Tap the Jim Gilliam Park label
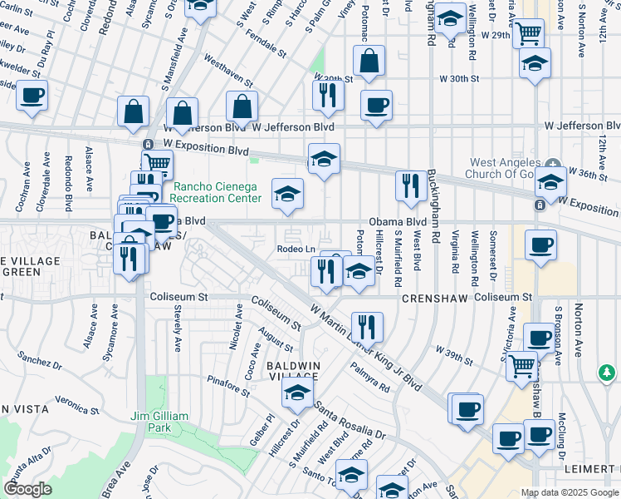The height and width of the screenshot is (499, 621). click(x=159, y=422)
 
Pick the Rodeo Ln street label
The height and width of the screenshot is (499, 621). click(x=296, y=249)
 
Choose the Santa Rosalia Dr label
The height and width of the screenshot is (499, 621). click(x=350, y=421)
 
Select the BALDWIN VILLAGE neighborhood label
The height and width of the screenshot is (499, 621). click(x=291, y=372)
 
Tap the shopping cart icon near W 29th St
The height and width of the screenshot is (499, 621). click(x=528, y=34)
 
